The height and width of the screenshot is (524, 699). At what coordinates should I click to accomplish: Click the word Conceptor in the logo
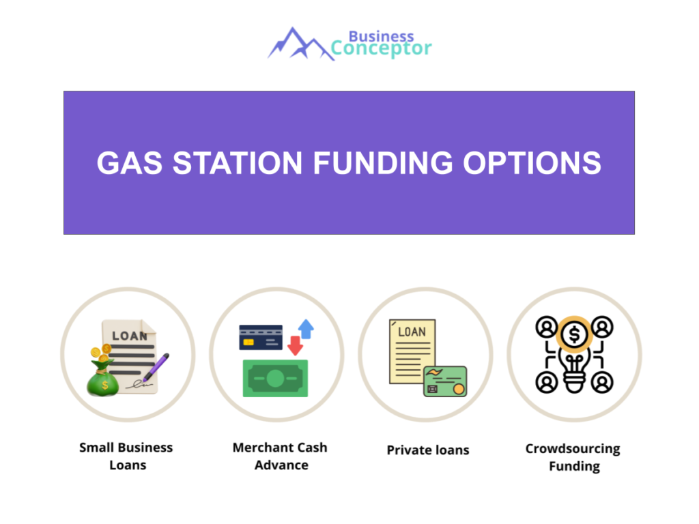coord(381,48)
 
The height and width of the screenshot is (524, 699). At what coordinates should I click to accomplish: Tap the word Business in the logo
coord(381,35)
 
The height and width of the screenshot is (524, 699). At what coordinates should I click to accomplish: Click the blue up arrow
coord(306,330)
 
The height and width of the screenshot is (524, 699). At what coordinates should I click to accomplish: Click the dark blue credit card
coord(261,337)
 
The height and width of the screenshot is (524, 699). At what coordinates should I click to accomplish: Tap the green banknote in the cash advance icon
coord(275,378)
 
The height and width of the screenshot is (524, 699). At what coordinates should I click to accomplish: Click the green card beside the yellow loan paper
coord(444,381)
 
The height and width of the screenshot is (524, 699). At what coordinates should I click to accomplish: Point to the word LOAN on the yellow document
coord(412,332)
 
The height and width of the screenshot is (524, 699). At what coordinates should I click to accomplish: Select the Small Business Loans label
coord(126,456)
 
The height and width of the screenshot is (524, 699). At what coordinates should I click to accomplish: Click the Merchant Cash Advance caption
coord(280,456)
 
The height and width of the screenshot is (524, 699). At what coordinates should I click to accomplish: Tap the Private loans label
coord(428,450)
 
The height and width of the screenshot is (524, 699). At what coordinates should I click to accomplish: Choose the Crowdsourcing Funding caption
coord(573,457)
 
